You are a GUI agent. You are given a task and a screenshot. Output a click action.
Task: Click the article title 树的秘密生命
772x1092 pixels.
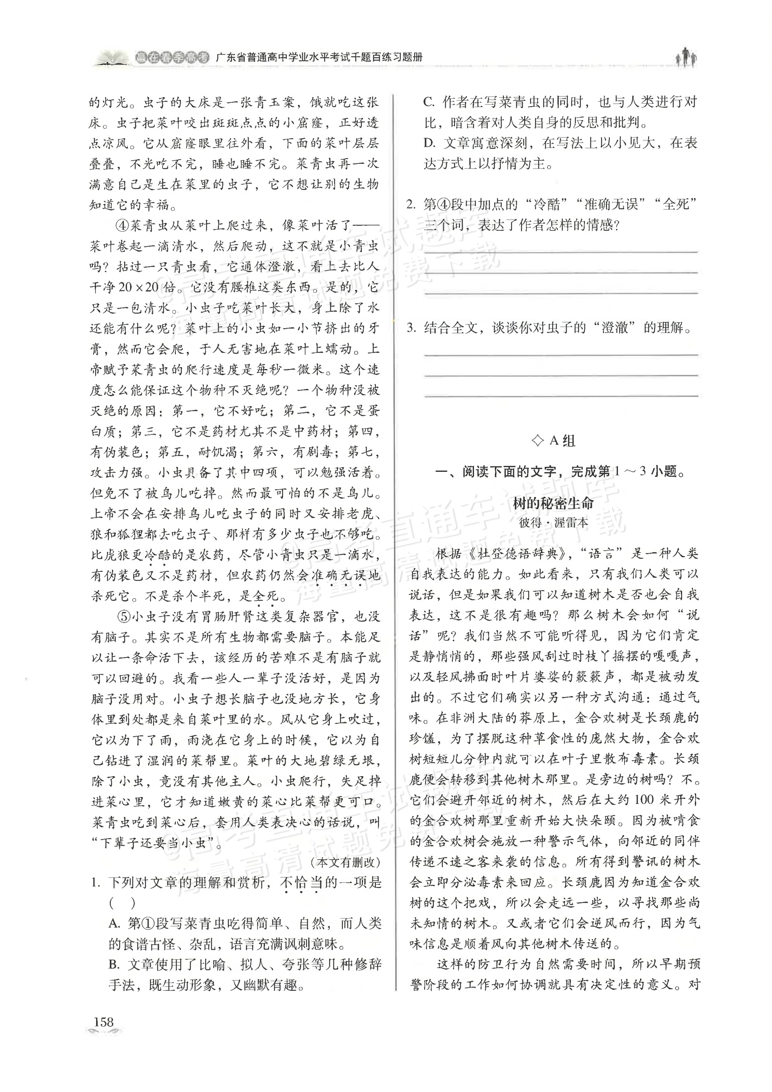click(x=553, y=503)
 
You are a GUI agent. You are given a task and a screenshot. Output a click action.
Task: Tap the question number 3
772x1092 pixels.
click(x=411, y=328)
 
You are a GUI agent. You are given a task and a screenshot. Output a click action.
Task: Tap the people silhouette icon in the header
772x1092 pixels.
click(x=686, y=57)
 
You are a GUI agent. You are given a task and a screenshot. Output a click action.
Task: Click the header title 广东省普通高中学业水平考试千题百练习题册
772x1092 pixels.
click(x=319, y=58)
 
